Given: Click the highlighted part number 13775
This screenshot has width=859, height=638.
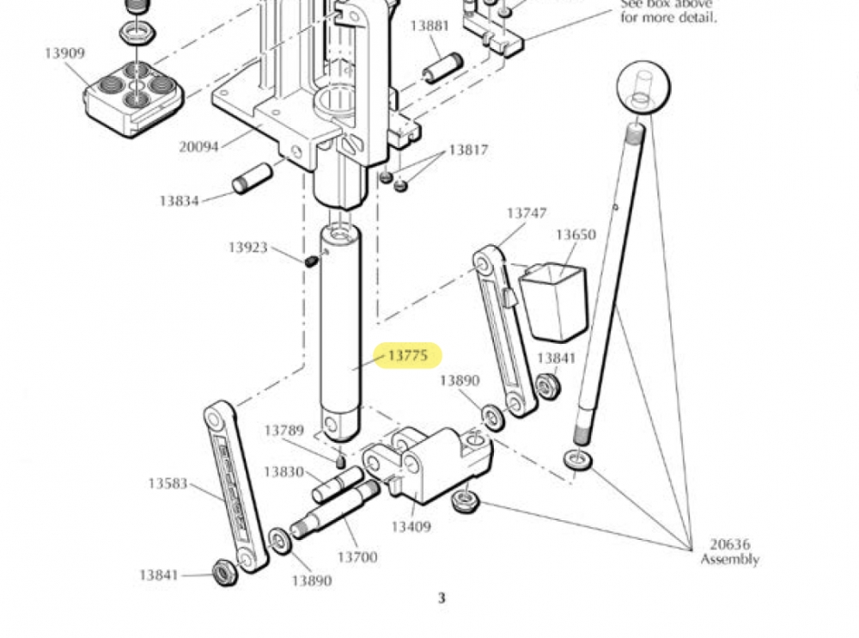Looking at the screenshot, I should [x=408, y=356].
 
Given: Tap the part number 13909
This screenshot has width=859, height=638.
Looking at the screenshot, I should [x=65, y=53].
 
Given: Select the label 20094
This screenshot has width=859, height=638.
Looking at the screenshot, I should [x=198, y=146].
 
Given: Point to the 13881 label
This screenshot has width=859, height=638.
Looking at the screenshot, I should [x=429, y=26].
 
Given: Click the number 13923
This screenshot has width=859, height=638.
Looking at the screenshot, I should [x=248, y=248].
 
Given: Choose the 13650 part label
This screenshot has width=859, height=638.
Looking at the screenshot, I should [x=576, y=235].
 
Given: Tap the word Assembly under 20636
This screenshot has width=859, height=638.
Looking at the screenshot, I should [x=729, y=560].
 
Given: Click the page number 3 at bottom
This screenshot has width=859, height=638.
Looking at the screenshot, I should [x=442, y=598].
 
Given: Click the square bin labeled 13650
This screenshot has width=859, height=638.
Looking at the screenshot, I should [x=556, y=301].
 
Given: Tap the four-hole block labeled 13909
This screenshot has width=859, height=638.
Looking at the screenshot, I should [x=134, y=96].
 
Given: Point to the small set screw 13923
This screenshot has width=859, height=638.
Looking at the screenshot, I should [x=311, y=261].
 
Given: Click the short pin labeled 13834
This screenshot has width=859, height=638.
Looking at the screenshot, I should [x=253, y=178].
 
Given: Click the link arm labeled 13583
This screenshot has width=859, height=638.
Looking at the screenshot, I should [x=235, y=485].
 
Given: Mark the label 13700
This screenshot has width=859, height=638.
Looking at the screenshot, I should [x=356, y=557].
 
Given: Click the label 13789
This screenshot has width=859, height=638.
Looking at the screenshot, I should [x=284, y=430].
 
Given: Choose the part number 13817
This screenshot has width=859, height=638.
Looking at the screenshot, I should [x=468, y=150].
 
